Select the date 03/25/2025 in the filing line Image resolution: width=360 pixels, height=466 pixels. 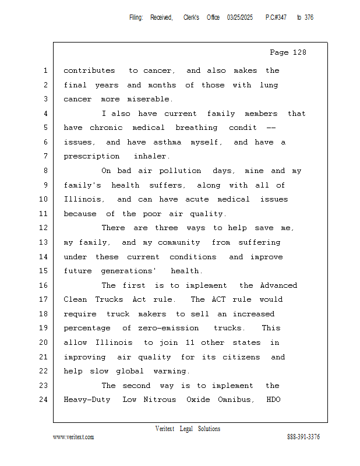pos(240,17)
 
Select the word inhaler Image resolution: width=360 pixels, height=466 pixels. pos(151,157)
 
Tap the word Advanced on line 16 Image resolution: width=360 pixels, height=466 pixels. pos(278,285)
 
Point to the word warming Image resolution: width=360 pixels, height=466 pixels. pos(171,372)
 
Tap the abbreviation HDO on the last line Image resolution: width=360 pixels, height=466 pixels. pos(274,400)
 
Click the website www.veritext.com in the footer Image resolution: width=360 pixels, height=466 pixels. pos(73,437)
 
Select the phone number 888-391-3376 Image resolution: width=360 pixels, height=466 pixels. pos(303,437)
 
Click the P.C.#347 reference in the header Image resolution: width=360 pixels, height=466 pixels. pos(276,17)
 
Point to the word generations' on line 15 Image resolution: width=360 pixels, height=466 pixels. pos(129,271)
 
